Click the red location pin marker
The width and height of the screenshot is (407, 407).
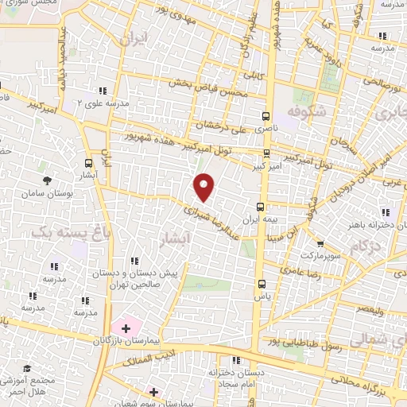205,187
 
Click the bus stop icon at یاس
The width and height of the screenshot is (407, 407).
262,283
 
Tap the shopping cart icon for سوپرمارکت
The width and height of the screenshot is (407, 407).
320,245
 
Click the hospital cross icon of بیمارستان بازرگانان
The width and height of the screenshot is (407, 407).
125,328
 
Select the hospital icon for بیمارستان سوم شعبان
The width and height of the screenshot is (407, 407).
153,392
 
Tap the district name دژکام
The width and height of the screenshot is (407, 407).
365,246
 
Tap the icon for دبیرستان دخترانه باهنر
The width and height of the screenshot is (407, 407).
386,212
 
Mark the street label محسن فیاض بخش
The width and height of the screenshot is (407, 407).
215,94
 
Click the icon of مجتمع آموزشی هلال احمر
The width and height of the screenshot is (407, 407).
28,369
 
